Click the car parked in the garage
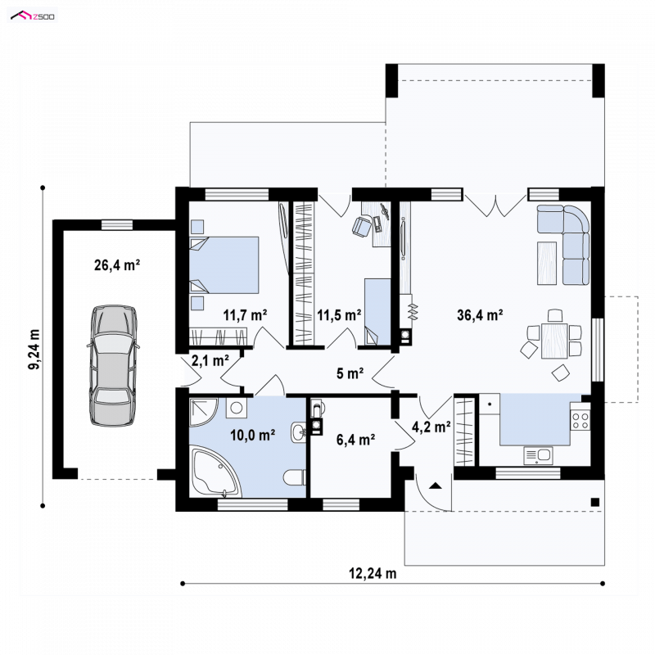[113, 365]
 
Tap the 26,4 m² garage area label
[117, 264]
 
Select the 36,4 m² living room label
[480, 314]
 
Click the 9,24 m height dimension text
[34, 350]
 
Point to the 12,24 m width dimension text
[373, 573]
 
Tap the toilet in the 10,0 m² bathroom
[295, 477]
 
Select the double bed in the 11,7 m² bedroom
[224, 264]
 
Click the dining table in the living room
[554, 341]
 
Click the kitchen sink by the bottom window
[538, 455]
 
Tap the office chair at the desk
[362, 227]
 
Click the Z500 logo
[33, 16]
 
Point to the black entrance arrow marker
[436, 486]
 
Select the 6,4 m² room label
[355, 440]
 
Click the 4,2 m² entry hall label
[431, 427]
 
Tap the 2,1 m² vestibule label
[210, 360]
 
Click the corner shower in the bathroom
[203, 412]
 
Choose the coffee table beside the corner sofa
[547, 263]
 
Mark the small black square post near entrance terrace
[595, 502]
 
